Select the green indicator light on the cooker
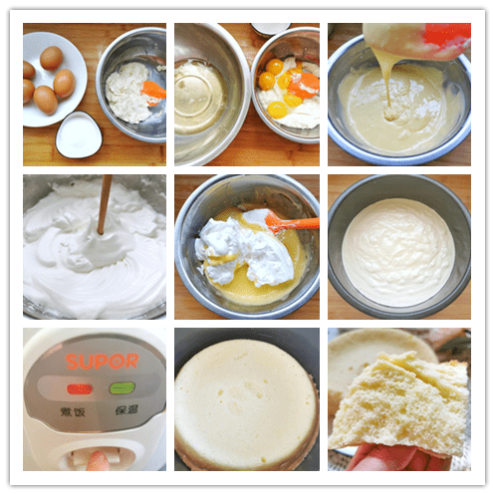(x=122, y=388)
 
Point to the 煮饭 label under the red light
(x=75, y=408)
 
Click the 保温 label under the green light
(x=124, y=408)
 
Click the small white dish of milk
(x=79, y=133)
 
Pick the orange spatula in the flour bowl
(x=152, y=93)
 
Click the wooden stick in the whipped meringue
(x=103, y=204)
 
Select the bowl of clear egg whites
(x=199, y=95)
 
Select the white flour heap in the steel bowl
(x=129, y=90)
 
